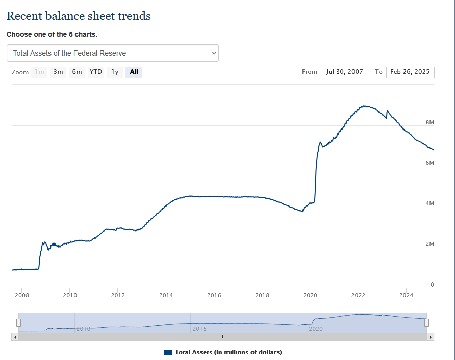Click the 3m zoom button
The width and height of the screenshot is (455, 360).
59,72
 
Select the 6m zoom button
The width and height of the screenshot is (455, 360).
77,72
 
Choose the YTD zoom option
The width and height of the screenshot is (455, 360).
96,72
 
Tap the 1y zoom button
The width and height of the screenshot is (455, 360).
115,72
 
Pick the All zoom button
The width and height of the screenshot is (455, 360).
134,72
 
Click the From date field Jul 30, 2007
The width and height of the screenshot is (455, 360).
345,72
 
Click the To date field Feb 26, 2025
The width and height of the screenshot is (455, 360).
410,72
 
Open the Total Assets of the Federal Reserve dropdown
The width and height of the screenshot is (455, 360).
113,53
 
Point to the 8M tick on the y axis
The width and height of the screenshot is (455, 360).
429,122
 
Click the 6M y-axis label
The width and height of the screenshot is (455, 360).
429,163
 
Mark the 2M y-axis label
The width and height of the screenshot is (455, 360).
429,244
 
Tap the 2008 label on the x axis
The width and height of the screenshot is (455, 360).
22,295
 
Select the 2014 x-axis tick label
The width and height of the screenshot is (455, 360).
166,295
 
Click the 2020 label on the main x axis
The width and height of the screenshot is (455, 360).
310,295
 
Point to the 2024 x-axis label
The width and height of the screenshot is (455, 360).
406,295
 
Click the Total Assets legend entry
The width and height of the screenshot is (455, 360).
223,352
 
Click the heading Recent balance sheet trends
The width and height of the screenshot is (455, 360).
79,16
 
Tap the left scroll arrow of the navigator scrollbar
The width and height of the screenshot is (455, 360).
15,337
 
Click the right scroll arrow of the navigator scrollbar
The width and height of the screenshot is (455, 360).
431,337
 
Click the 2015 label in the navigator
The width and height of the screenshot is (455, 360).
199,329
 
